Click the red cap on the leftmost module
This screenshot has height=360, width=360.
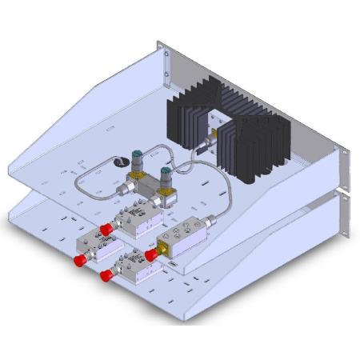pos(80,261)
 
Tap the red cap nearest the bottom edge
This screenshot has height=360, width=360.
pos(106,276)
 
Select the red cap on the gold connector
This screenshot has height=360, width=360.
pos(150,254)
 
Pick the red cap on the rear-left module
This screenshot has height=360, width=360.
pos(106,230)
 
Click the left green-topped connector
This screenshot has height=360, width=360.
pos(135,157)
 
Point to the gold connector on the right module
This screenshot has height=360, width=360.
pos(160,250)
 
